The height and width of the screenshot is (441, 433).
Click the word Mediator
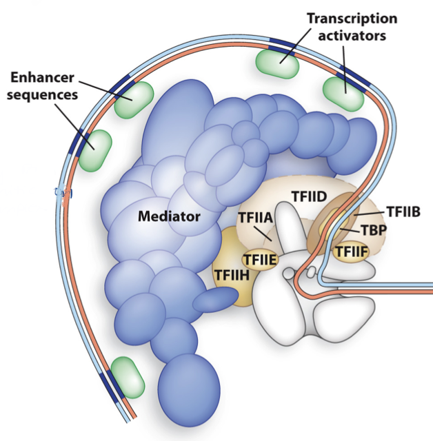[x=169, y=216]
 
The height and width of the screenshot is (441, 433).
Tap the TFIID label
[x=308, y=196]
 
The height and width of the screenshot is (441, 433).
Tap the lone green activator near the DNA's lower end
[x=128, y=377]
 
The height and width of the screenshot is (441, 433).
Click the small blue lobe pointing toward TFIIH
[x=215, y=300]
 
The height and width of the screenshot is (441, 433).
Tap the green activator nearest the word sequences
[x=94, y=150]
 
